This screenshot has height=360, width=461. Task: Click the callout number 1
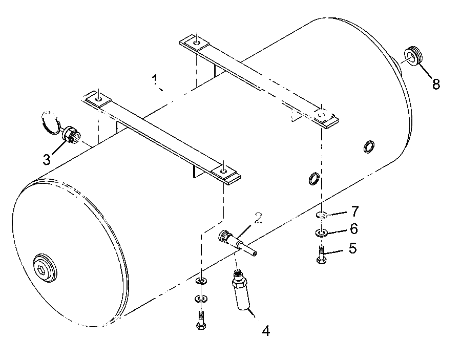(155, 80)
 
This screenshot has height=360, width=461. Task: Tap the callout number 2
(259, 218)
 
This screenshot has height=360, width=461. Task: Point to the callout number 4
(266, 331)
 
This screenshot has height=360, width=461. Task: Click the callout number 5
(353, 248)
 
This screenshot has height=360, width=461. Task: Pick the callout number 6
(353, 229)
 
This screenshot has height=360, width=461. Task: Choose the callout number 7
(355, 211)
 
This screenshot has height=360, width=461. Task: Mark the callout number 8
(436, 84)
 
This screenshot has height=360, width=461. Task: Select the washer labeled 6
(322, 234)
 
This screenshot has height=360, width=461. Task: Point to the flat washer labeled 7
(322, 216)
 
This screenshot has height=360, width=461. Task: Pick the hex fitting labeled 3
(72, 135)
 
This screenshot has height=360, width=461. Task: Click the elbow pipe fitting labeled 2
(237, 242)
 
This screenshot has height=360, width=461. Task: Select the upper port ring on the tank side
(368, 146)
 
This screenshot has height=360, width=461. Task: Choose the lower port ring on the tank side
(313, 178)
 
